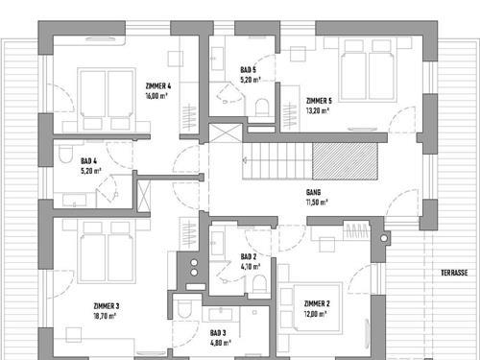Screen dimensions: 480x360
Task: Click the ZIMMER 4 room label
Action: coord(158,86)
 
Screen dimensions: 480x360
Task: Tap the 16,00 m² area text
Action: coord(156,96)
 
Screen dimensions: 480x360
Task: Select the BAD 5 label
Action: coord(248,70)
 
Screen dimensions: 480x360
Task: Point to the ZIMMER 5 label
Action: coord(319,101)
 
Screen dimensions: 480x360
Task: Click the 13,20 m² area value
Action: coord(318,110)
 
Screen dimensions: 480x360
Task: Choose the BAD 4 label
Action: coord(88,161)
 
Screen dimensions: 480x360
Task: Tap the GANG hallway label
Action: coord(313,192)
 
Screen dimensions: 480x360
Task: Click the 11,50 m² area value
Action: coord(317,203)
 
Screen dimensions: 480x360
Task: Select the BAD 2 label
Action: coord(249,256)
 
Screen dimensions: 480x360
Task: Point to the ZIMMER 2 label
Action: coord(317,303)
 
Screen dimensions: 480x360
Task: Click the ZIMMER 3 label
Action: coord(107,306)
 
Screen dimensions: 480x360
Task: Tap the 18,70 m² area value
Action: coord(105,316)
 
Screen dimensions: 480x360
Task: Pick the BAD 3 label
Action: coord(218,333)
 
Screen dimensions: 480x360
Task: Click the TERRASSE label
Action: coord(454,273)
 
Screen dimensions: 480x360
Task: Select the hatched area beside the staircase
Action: coord(345,161)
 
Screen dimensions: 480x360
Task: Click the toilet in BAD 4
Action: coord(66,155)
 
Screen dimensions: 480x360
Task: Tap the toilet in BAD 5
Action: coord(262,108)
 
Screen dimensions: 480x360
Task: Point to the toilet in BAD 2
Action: coord(259,284)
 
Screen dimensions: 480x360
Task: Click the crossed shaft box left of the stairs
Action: coord(226,133)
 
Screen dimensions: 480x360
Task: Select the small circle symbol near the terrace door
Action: coord(384,238)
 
